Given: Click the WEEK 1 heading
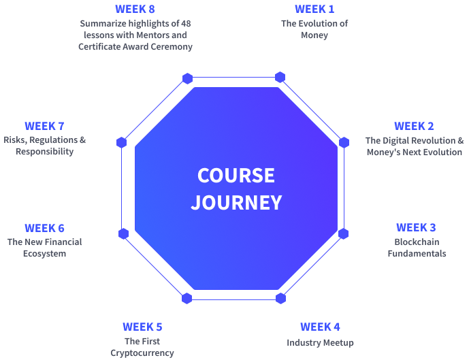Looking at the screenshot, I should [x=314, y=9].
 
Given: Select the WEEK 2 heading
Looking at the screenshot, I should [x=414, y=126].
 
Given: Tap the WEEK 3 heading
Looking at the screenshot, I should [x=416, y=227].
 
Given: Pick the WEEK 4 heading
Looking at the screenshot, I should [x=320, y=327].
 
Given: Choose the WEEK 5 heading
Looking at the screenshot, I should [x=142, y=327].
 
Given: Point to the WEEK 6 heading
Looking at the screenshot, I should [x=44, y=228].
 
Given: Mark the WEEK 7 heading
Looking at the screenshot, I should [x=44, y=126].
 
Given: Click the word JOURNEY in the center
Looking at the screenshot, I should [x=236, y=202].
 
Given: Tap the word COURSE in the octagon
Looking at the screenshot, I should [x=236, y=176].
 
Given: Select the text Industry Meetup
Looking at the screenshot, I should [x=320, y=342].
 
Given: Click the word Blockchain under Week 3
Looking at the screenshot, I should [x=417, y=242].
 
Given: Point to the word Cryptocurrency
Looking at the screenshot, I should [x=142, y=353].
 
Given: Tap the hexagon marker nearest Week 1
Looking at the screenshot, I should [x=280, y=77].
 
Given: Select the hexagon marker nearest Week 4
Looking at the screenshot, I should [x=280, y=298].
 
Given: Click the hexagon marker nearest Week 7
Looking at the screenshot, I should [x=122, y=142].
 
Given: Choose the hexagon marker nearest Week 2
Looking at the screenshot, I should [x=344, y=142].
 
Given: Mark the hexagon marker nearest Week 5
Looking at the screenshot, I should [x=187, y=298].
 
